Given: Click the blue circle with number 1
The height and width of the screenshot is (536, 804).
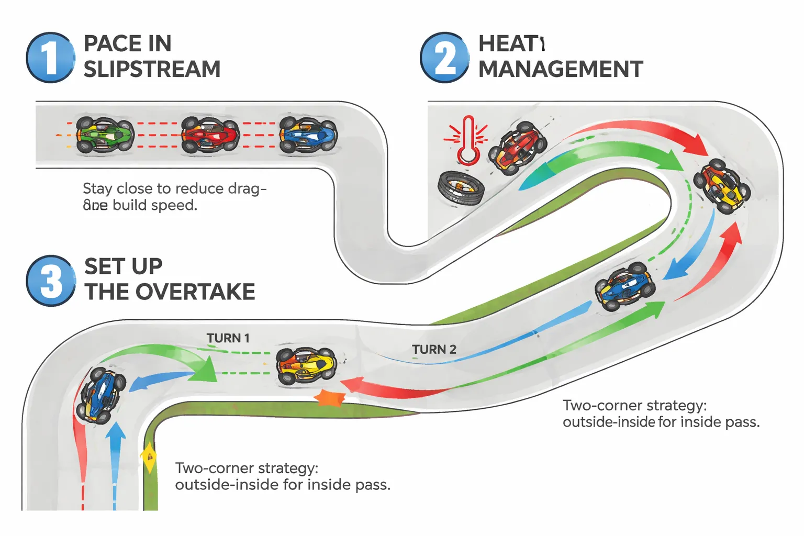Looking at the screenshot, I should pyautogui.click(x=50, y=58).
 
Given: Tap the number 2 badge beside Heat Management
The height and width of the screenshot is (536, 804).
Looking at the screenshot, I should pyautogui.click(x=444, y=58).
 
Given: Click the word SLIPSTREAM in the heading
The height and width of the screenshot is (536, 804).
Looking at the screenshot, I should pyautogui.click(x=152, y=69).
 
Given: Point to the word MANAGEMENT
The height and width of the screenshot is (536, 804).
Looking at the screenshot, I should pyautogui.click(x=561, y=69).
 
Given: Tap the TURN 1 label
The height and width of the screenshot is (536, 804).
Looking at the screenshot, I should pyautogui.click(x=228, y=338).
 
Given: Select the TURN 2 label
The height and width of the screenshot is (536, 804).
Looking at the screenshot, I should pyautogui.click(x=434, y=350).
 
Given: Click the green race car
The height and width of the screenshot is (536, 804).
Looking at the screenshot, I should pyautogui.click(x=105, y=135).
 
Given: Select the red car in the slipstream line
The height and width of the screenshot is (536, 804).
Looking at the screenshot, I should pyautogui.click(x=210, y=135).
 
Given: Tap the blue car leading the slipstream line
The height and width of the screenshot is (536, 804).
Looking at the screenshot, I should pyautogui.click(x=308, y=135).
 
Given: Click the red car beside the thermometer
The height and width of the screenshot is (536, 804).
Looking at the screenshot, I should pyautogui.click(x=517, y=148).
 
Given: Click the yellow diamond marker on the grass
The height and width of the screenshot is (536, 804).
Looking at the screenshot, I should pyautogui.click(x=149, y=456).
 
